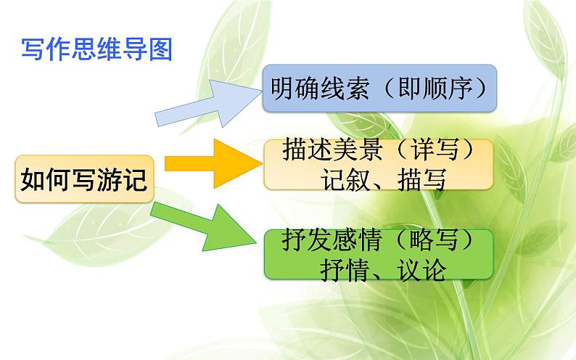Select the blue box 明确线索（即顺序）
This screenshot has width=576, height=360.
pyautogui.click(x=379, y=89)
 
